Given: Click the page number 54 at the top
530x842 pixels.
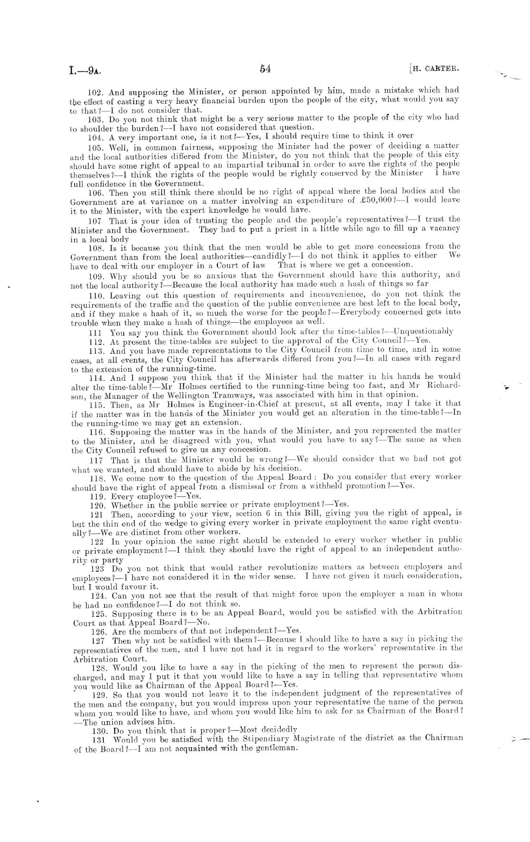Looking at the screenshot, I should [x=265, y=69].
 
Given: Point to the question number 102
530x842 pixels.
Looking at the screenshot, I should [x=97, y=91].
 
